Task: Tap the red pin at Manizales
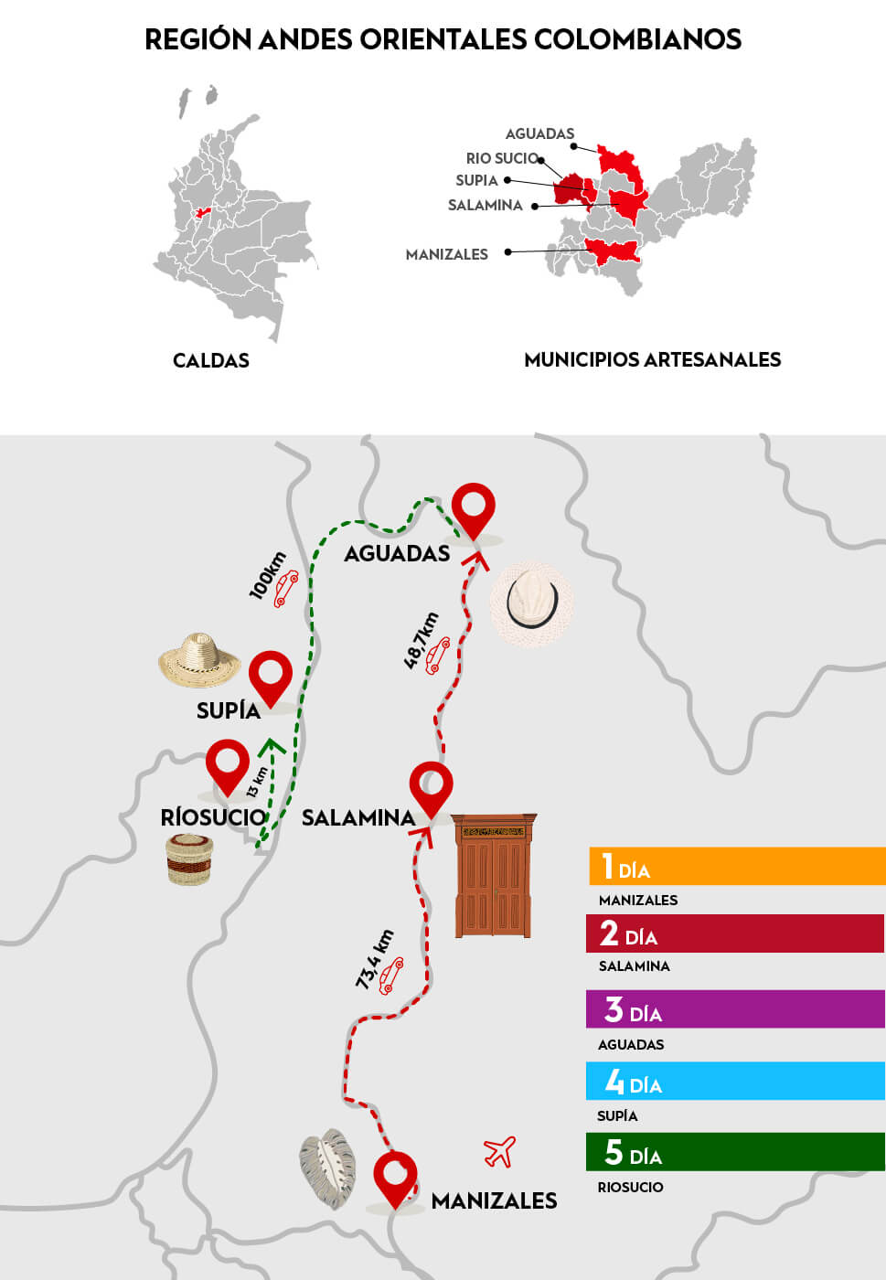pyautogui.click(x=395, y=1177)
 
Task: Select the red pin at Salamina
pyautogui.click(x=431, y=787)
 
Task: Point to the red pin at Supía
pyautogui.click(x=271, y=676)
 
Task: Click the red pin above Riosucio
pyautogui.click(x=227, y=765)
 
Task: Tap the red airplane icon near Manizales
pyautogui.click(x=499, y=1152)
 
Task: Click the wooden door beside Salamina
pyautogui.click(x=494, y=875)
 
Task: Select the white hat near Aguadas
pyautogui.click(x=531, y=603)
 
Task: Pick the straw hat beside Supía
pyautogui.click(x=199, y=660)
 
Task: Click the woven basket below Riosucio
pyautogui.click(x=189, y=859)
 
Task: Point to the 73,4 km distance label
pyautogui.click(x=375, y=959)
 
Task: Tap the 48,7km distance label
pyautogui.click(x=422, y=641)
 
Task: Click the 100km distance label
pyautogui.click(x=268, y=576)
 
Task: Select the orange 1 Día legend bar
pyautogui.click(x=736, y=866)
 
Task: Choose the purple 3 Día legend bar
pyautogui.click(x=736, y=1009)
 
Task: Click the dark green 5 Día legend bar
pyautogui.click(x=736, y=1152)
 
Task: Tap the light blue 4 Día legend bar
pyautogui.click(x=736, y=1081)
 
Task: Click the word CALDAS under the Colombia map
pyautogui.click(x=211, y=360)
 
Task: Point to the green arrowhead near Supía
pyautogui.click(x=271, y=747)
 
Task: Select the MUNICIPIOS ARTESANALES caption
pyautogui.click(x=652, y=360)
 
